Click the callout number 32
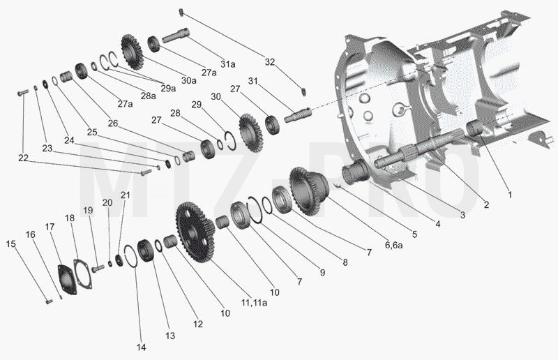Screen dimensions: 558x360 270,62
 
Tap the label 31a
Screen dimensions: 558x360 228,64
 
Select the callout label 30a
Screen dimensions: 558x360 188,80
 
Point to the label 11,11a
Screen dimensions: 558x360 254,303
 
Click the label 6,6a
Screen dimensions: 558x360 393,245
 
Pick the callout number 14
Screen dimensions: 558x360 142,347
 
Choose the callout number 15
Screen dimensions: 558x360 11,244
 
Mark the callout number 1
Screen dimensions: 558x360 510,195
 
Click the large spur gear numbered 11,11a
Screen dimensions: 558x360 195,232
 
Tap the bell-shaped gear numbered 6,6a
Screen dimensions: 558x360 310,191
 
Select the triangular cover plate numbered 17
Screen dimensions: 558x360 67,279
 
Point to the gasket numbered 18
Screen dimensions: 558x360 82,273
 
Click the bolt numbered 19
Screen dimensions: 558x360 98,268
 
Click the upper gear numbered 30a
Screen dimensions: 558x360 132,52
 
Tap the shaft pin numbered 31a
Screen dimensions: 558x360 176,36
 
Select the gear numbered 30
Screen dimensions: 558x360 250,133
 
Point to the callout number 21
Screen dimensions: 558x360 126,195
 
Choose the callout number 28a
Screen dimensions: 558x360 149,96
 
